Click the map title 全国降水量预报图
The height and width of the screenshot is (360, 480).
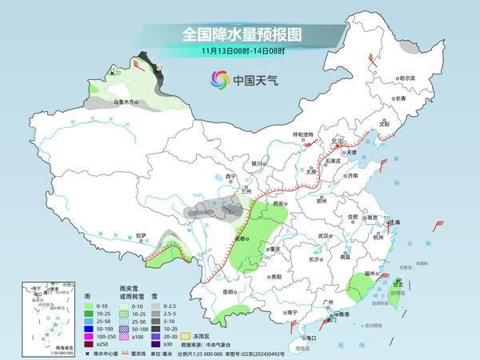pos(240,34)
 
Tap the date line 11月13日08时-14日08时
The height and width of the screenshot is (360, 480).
pos(240,50)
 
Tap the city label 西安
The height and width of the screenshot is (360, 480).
pos(278,205)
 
